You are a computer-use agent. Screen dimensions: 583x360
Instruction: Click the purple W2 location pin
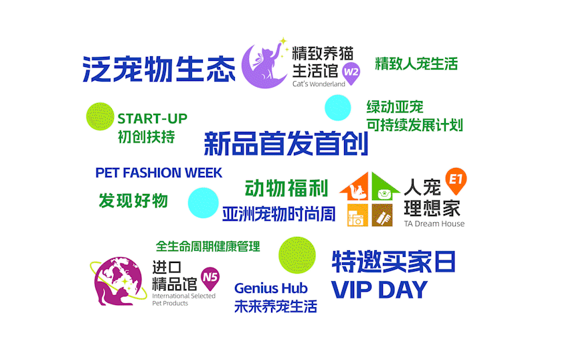pyautogui.click(x=351, y=73)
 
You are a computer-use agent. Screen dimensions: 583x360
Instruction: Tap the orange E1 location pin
pyautogui.click(x=456, y=181)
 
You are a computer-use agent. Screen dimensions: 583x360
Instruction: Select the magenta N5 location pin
pyautogui.click(x=210, y=278)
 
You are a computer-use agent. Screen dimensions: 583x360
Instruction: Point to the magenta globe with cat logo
pyautogui.click(x=118, y=281)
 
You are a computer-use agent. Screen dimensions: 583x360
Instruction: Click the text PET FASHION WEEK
pyautogui.click(x=159, y=173)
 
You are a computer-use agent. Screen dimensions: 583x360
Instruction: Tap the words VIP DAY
pyautogui.click(x=379, y=290)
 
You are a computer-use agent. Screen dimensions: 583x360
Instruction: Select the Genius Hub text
pyautogui.click(x=270, y=288)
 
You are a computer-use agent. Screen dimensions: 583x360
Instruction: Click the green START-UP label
pyautogui.click(x=152, y=118)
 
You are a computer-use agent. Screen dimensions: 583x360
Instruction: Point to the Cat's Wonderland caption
pyautogui.click(x=319, y=84)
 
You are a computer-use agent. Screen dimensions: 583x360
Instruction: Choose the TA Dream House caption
pyautogui.click(x=434, y=223)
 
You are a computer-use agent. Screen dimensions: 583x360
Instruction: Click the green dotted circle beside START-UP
pyautogui.click(x=100, y=116)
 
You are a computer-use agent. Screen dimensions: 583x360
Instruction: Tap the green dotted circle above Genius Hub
pyautogui.click(x=297, y=255)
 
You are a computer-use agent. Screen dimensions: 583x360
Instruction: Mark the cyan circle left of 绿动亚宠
pyautogui.click(x=337, y=108)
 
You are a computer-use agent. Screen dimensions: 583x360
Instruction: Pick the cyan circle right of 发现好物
pyautogui.click(x=203, y=203)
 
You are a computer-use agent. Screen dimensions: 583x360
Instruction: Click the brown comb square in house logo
pyautogui.click(x=382, y=215)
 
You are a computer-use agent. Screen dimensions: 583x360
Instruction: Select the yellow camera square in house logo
pyautogui.click(x=357, y=215)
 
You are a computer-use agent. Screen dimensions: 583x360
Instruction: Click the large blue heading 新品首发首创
pyautogui.click(x=286, y=143)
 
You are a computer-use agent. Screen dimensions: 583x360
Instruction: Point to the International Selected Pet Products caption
pyautogui.click(x=183, y=300)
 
